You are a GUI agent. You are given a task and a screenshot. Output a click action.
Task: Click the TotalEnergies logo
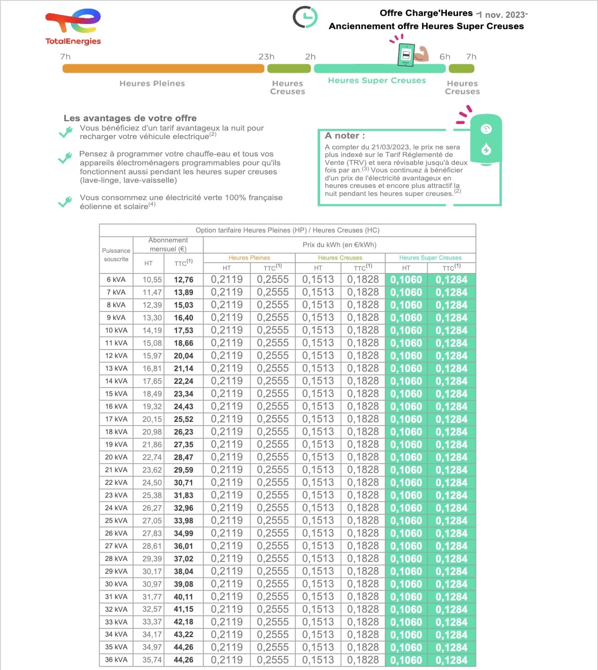(73, 27)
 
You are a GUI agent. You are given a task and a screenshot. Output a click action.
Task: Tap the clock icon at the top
(305, 17)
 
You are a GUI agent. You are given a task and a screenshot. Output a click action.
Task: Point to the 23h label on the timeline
(266, 57)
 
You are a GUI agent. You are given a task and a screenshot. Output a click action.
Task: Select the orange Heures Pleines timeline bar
(163, 69)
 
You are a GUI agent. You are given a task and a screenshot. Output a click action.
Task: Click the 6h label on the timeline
(445, 57)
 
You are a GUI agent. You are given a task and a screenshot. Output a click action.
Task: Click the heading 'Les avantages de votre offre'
(130, 118)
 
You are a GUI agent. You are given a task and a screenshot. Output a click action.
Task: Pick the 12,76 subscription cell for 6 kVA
(184, 280)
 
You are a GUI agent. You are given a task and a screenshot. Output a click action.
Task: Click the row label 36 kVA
(116, 660)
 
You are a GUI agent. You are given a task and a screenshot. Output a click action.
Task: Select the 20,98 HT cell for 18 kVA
(152, 432)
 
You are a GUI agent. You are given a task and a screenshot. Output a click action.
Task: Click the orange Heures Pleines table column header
(249, 258)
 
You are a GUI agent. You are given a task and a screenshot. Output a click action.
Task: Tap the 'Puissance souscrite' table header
(116, 255)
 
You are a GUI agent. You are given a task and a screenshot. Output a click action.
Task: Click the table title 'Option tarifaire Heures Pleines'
(287, 230)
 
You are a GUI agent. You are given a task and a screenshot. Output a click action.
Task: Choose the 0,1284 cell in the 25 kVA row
(451, 521)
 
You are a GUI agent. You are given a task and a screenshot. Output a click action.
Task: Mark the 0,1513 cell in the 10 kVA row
(318, 330)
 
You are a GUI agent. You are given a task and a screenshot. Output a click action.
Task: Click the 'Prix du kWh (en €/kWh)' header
(339, 245)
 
